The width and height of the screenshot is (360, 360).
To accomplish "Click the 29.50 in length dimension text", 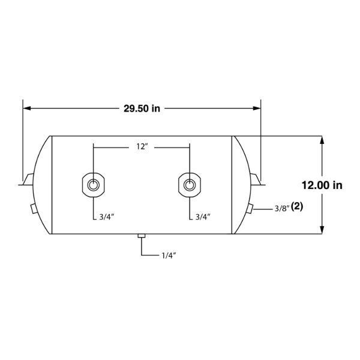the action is point(142,109).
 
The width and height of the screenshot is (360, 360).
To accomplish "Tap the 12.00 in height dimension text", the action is point(322,185).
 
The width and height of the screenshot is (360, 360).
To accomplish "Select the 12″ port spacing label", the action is point(142,147).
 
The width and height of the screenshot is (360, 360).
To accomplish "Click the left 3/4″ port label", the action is point(107,217).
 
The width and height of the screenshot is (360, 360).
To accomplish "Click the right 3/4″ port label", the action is point(203,217).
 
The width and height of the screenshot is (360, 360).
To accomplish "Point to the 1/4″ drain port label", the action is point(169,256).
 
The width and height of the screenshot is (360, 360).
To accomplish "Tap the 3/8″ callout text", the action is point(282,209).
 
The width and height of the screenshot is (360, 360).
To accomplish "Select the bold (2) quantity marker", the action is point(297,207).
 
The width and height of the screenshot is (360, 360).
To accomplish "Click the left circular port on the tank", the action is point(93,185).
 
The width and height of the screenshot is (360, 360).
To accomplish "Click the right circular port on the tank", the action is point(190,185).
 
